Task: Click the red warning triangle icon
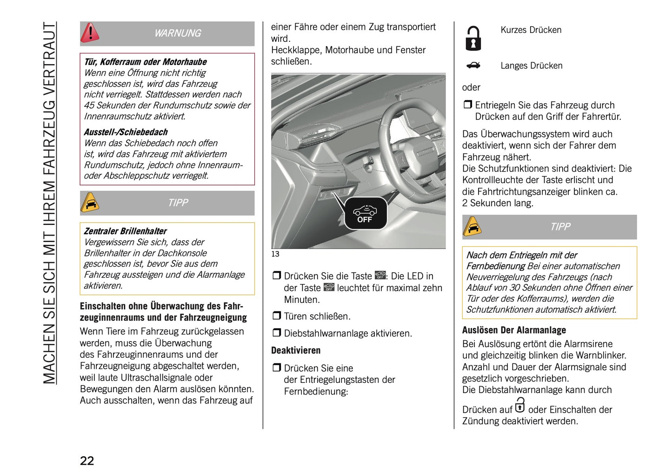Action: [x=90, y=33]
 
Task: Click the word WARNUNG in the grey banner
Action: [x=178, y=33]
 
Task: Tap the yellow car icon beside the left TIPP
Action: [x=90, y=203]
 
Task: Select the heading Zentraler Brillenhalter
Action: [x=125, y=231]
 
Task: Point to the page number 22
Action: [x=87, y=460]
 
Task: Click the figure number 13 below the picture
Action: [x=275, y=254]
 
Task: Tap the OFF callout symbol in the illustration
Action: [x=365, y=214]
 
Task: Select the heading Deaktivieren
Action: [x=296, y=350]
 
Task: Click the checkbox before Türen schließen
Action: [x=277, y=316]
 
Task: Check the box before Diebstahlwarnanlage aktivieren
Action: [x=277, y=333]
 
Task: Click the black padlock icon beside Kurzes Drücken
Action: [x=473, y=39]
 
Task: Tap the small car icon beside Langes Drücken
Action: [x=473, y=66]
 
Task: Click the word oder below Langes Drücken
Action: [x=471, y=87]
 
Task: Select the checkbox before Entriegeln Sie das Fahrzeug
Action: [x=467, y=105]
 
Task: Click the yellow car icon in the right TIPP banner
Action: [x=472, y=227]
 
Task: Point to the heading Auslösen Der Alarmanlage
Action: [x=514, y=330]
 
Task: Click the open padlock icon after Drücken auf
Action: [x=520, y=405]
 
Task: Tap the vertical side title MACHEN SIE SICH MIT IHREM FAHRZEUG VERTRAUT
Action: [x=49, y=203]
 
